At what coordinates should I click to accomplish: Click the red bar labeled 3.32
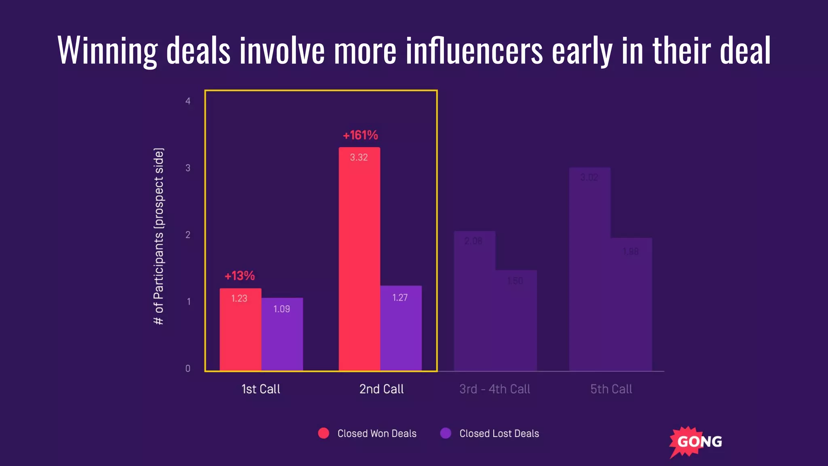click(x=359, y=259)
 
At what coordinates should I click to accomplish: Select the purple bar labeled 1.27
click(x=401, y=328)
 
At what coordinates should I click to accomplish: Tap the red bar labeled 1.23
click(x=240, y=329)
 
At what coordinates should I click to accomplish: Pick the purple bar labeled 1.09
click(x=282, y=334)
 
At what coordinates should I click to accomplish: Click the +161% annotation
click(x=360, y=135)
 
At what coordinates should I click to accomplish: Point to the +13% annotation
click(x=240, y=276)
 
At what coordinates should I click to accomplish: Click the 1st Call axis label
click(x=261, y=389)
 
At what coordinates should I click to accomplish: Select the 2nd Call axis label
click(x=381, y=389)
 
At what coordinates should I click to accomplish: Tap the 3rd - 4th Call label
click(x=494, y=389)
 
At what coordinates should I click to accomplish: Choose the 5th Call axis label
click(x=611, y=389)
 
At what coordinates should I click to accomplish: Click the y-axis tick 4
click(x=188, y=101)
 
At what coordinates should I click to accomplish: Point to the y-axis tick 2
click(x=188, y=235)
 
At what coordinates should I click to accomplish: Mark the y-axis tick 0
click(x=188, y=369)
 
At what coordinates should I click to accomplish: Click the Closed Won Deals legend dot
click(x=323, y=433)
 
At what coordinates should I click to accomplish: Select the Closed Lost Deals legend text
click(x=499, y=434)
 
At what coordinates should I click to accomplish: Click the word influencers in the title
click(x=474, y=51)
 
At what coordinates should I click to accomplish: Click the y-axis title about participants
click(x=159, y=236)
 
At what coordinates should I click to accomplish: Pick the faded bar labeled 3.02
click(x=589, y=269)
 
